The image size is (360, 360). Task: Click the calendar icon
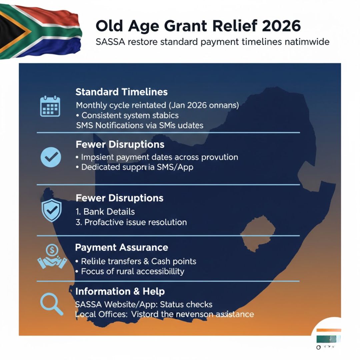pyautogui.click(x=50, y=106)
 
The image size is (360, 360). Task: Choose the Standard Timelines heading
pyautogui.click(x=121, y=92)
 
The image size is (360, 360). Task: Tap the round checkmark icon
pyautogui.click(x=51, y=157)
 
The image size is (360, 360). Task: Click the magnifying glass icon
pyautogui.click(x=51, y=304)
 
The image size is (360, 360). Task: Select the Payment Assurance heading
pyautogui.click(x=121, y=247)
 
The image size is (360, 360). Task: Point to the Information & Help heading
pyautogui.click(x=120, y=291)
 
